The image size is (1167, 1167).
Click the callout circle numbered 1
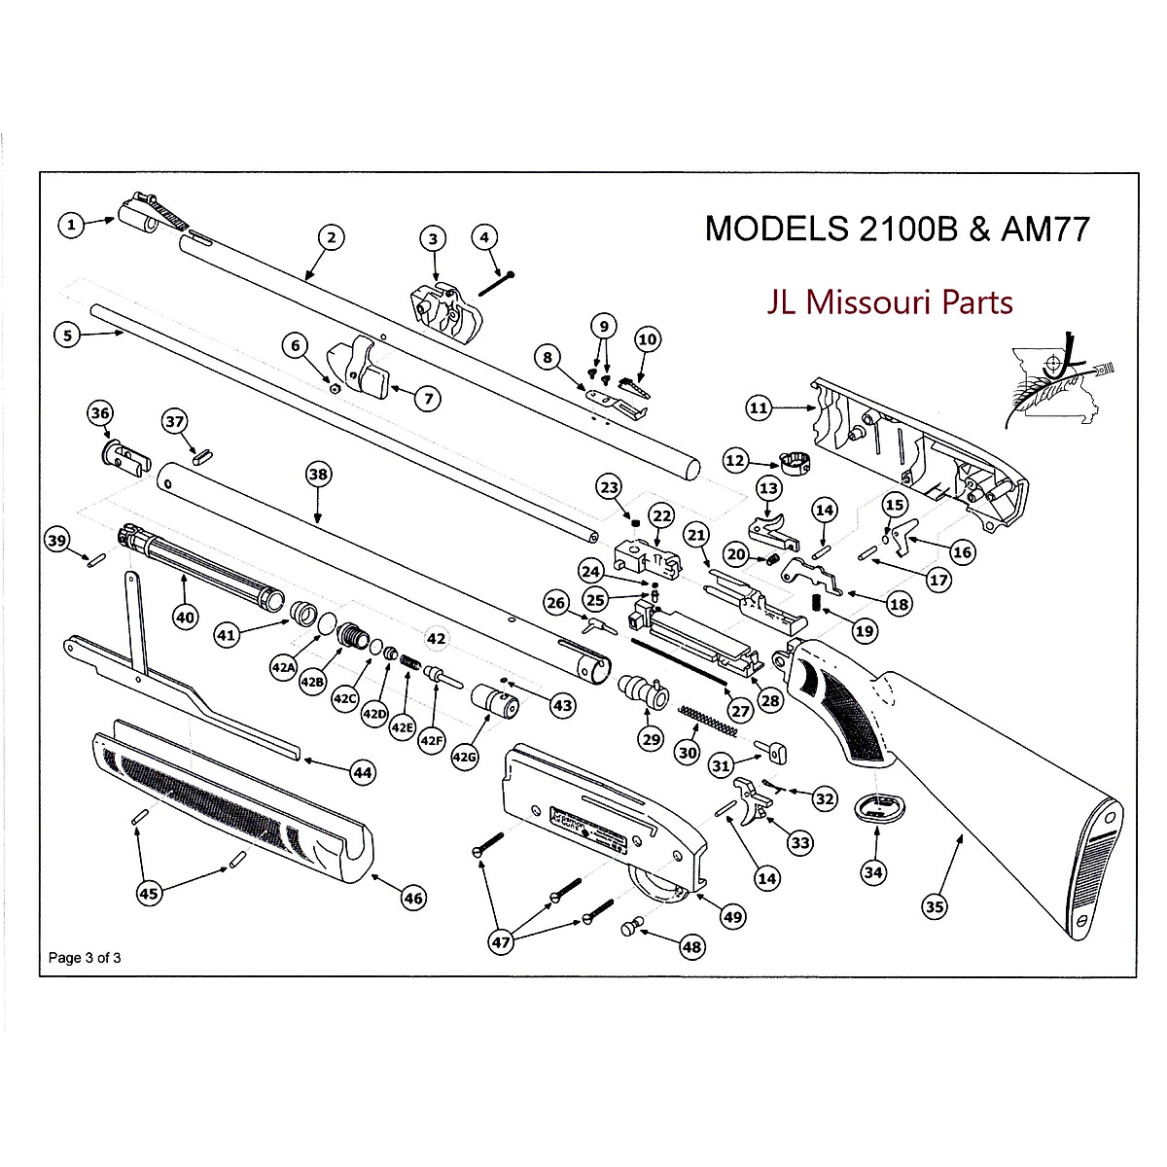click(x=70, y=226)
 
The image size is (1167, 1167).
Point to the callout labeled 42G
click(x=465, y=757)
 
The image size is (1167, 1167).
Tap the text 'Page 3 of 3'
click(x=86, y=957)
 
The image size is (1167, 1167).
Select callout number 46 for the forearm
click(x=413, y=898)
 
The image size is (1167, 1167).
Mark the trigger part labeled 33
click(x=751, y=799)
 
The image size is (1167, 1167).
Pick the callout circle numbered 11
click(x=759, y=408)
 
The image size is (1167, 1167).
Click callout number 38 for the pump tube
click(x=318, y=475)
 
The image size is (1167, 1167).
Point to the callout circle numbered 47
click(x=501, y=941)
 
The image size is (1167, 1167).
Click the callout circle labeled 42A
click(x=283, y=668)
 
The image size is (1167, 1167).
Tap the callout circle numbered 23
click(x=608, y=486)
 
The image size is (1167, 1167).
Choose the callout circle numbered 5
click(x=67, y=336)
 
